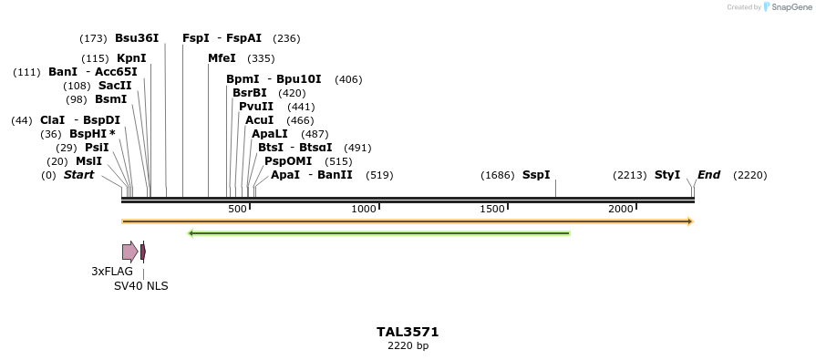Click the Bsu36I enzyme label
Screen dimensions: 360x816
(137, 38)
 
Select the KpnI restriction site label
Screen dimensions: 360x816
(131, 58)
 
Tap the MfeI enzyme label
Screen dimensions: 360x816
(222, 58)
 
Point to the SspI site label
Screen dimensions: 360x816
(536, 175)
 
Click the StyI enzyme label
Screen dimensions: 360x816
(667, 175)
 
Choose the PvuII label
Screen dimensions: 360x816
(255, 107)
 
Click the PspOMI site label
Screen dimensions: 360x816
(283, 161)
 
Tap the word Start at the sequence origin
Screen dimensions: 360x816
(78, 175)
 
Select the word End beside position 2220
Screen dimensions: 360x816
(709, 175)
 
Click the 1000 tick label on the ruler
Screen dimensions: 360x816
(364, 209)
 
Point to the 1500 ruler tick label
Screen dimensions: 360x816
(492, 209)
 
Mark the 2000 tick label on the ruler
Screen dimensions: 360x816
(621, 209)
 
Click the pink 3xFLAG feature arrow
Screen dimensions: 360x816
(129, 252)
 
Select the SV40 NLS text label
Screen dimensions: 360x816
(140, 286)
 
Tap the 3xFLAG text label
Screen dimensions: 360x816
(112, 272)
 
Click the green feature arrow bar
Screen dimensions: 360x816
(378, 233)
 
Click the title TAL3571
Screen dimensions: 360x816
(408, 332)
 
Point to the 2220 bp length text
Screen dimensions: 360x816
(408, 346)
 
